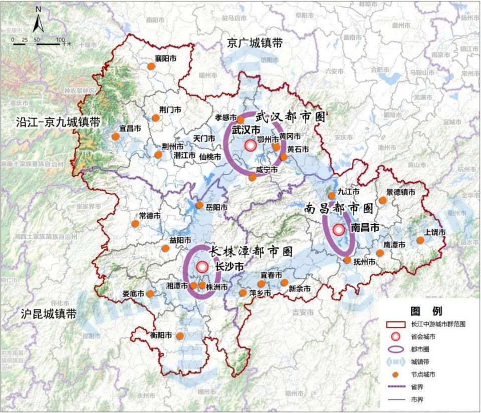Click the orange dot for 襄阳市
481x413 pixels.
[x=151, y=66]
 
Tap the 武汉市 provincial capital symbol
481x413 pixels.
[x=251, y=146]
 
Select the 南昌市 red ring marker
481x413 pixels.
[x=339, y=230]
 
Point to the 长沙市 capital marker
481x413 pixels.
[x=202, y=267]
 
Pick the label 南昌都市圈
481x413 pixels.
[x=339, y=208]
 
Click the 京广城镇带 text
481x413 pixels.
[x=255, y=43]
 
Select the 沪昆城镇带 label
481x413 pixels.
[x=49, y=314]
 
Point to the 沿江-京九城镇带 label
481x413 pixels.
[x=58, y=122]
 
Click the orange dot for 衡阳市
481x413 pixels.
[x=179, y=336]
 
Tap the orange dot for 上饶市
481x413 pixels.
[x=420, y=240]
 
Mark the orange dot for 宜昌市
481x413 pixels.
[x=116, y=136]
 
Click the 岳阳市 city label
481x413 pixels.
[x=217, y=207]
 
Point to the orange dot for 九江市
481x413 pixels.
[x=331, y=196]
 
